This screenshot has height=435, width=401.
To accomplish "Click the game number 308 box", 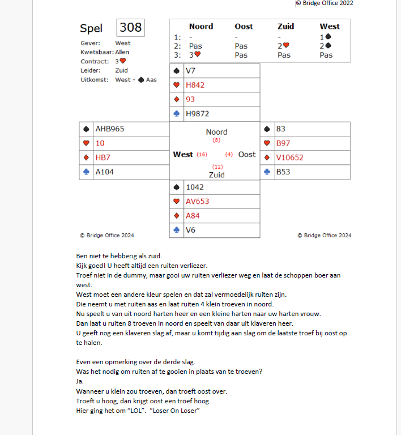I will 130,28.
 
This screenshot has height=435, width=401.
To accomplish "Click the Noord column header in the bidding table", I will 200,26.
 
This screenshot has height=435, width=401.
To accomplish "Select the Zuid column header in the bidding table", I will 285,26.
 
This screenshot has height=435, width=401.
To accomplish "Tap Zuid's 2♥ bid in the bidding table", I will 283,46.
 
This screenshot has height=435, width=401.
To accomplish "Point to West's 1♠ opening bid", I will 326,36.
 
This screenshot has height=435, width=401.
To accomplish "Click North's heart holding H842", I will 195,85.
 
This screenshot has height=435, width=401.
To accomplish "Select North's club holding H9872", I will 198,114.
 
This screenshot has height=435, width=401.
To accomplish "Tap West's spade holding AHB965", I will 109,129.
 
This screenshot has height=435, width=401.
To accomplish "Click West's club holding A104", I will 104,172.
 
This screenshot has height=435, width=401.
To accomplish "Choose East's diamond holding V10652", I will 289,157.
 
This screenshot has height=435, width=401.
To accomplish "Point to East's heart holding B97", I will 283,143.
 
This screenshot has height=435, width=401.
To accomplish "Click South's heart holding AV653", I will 197,201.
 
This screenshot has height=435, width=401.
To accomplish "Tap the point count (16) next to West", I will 202,154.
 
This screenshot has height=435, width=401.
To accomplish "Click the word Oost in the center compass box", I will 246,154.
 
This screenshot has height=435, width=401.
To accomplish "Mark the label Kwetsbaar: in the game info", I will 97,52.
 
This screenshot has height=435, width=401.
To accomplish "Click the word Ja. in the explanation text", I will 79,381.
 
